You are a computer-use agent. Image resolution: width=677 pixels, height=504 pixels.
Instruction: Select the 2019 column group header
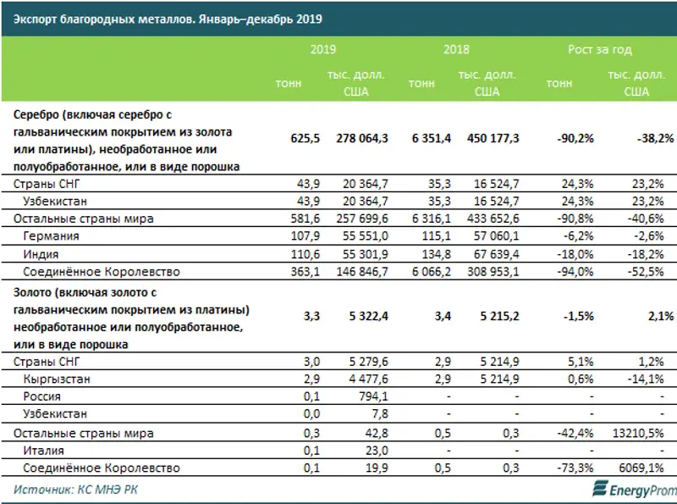[x=322, y=50]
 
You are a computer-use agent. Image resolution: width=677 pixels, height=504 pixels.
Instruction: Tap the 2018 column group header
[x=456, y=50]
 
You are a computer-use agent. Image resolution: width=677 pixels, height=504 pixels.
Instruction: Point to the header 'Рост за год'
[x=599, y=50]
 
